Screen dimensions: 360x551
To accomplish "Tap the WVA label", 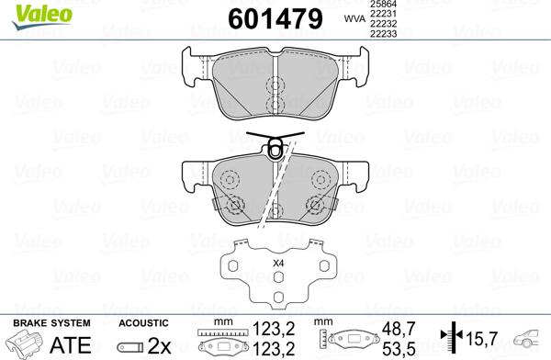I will tap(354, 18).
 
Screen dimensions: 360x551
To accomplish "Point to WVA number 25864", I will tap(385, 6).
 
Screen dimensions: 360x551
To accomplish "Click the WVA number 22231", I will tap(385, 16).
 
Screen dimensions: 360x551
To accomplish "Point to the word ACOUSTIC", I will tap(144, 323).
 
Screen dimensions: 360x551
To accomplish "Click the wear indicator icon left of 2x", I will tap(130, 346).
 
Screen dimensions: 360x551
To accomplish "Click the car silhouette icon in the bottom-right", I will tap(530, 342).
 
